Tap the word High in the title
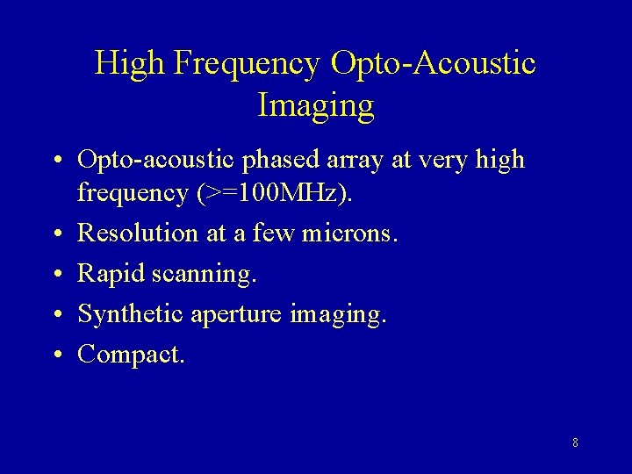coord(132,64)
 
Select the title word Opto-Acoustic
coord(434,64)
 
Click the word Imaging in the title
coord(316,106)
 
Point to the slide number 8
coord(575,442)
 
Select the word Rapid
coord(111,274)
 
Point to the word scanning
coord(203,274)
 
